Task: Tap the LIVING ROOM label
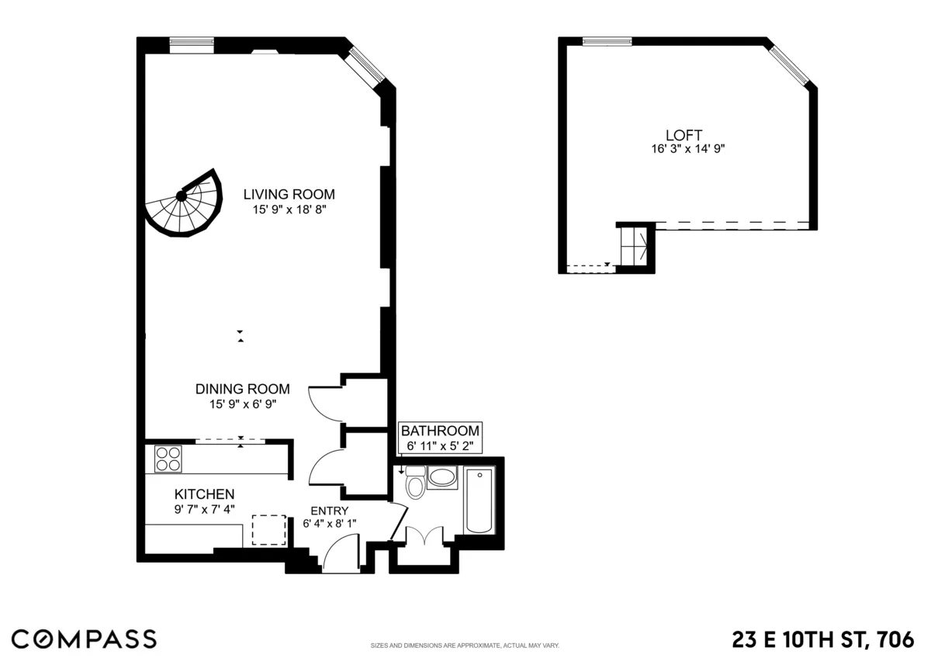[x=289, y=194]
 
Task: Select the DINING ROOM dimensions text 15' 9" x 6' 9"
[x=242, y=403]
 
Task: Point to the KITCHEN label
[x=204, y=494]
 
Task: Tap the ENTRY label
[x=329, y=511]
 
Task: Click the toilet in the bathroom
[x=415, y=484]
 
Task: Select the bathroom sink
[x=443, y=476]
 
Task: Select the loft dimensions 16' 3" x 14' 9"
[x=688, y=149]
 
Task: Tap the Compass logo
[x=84, y=639]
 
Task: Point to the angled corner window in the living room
[x=365, y=66]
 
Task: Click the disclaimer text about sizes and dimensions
[x=465, y=646]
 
